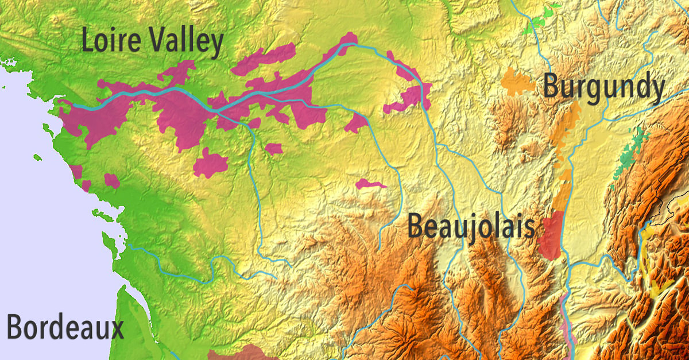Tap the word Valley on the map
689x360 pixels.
(x=184, y=43)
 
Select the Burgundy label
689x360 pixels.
(x=603, y=88)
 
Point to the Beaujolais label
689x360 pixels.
(x=471, y=226)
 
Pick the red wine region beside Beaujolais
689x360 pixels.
(x=552, y=235)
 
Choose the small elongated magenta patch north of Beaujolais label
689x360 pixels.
(x=370, y=184)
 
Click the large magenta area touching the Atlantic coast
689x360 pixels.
(x=92, y=121)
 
